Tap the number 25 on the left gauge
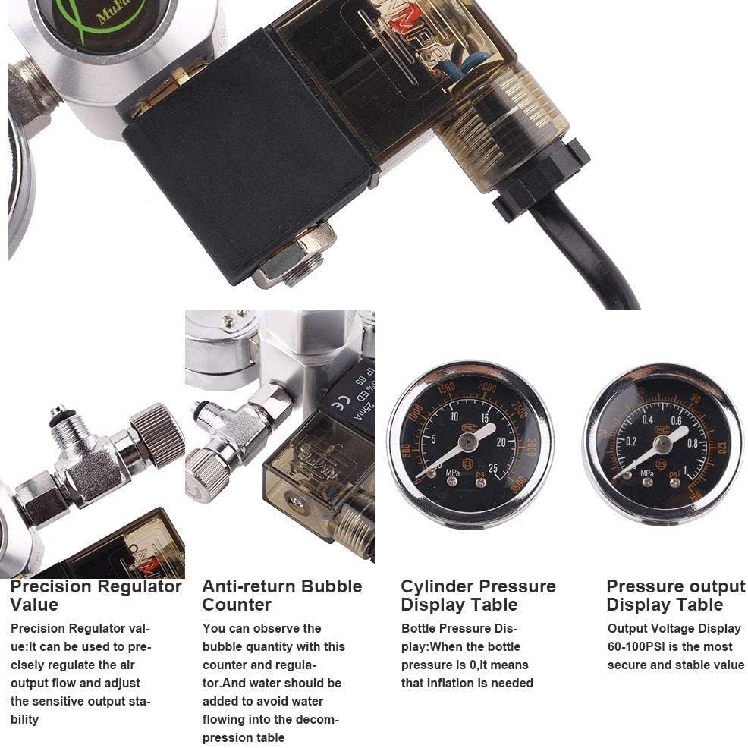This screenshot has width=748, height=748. coord(494,468)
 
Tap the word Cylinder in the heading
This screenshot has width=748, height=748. coord(437,586)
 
